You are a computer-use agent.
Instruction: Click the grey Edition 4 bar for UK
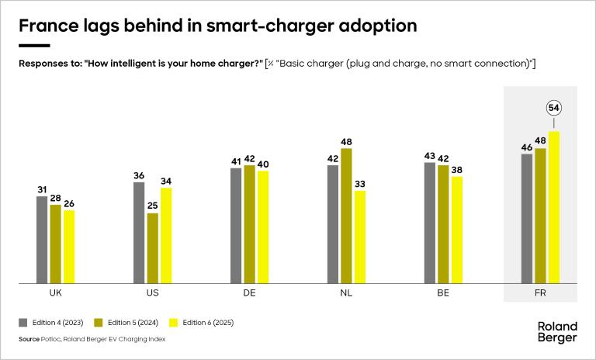(x=42, y=240)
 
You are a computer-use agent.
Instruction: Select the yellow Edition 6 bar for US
(x=166, y=235)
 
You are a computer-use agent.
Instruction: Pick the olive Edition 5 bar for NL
(x=346, y=216)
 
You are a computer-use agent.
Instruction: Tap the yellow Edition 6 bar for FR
(x=554, y=207)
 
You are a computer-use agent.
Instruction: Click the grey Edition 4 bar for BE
(x=430, y=223)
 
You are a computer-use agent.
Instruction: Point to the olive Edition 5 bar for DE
(x=249, y=224)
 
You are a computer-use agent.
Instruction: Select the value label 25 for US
(x=153, y=206)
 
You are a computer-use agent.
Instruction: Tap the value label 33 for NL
(x=360, y=183)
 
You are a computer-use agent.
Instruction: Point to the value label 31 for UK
(x=42, y=189)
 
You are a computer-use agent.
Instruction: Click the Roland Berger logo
(x=556, y=332)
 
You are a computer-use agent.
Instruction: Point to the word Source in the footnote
(x=29, y=339)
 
